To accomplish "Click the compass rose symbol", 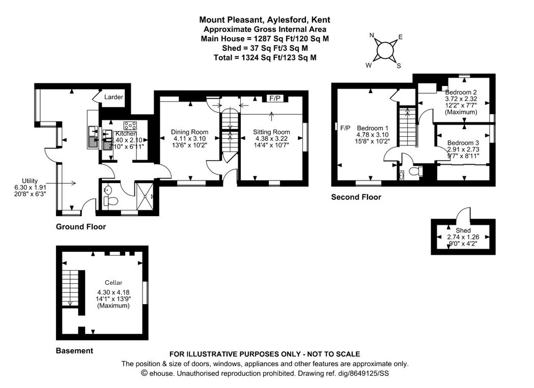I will (x=385, y=50).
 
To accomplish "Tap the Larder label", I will (x=114, y=97).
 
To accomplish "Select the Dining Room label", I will (x=189, y=132).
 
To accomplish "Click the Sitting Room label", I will (x=271, y=132).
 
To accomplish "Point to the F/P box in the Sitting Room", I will (x=274, y=98).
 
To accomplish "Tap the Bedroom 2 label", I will (x=461, y=92).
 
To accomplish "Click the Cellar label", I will (x=114, y=283).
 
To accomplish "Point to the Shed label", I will (x=463, y=230).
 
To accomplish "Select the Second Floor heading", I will (x=356, y=197).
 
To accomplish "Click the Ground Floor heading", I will (x=80, y=227).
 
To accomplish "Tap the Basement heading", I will (x=74, y=351).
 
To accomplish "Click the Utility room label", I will (x=30, y=181).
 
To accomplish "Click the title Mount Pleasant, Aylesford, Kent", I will (x=264, y=20).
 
